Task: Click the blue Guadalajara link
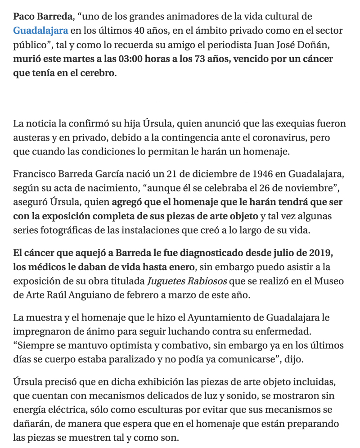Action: pos(40,31)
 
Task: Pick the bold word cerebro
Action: pos(96,73)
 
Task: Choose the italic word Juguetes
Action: pos(165,281)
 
